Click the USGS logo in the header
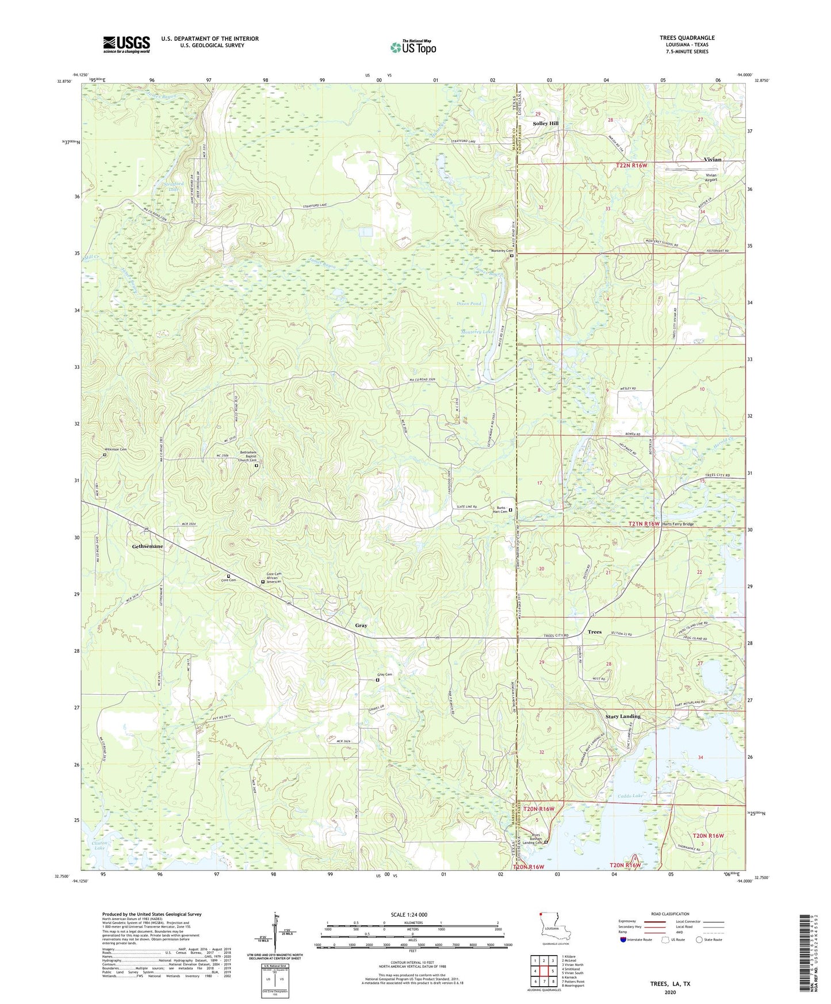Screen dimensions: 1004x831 point(127,44)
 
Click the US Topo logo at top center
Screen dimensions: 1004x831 point(413,47)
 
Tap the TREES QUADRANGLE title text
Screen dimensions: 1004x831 point(687,38)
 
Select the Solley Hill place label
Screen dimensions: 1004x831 point(545,124)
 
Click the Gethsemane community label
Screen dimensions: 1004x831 point(147,546)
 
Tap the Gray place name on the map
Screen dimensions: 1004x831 point(361,625)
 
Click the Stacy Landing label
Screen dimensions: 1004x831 point(622,716)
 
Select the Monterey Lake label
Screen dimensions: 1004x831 point(477,332)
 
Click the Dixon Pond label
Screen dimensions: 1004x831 point(469,304)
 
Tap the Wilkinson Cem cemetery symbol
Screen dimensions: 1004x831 point(105,455)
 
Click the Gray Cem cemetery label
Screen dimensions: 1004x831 point(384,675)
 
